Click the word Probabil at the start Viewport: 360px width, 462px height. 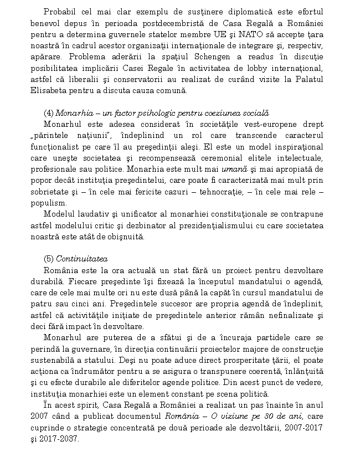point(60,12)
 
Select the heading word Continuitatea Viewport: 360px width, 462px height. point(82,259)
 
